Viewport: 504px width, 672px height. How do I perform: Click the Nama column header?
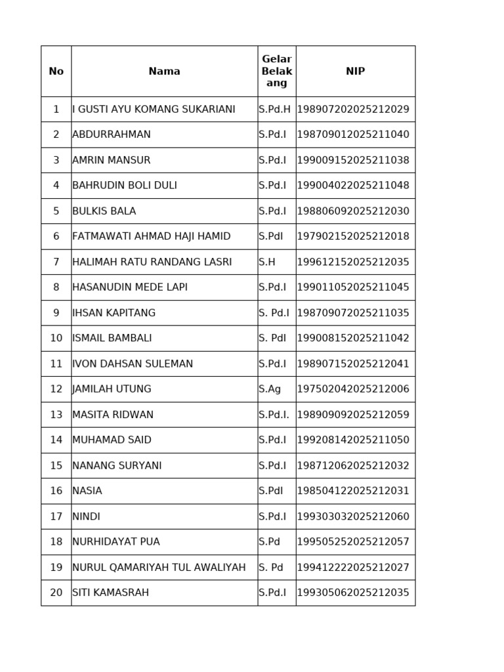click(164, 72)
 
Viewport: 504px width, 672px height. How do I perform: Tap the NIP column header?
click(355, 72)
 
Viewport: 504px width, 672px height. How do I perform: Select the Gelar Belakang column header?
click(276, 72)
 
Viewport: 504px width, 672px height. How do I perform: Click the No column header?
click(56, 72)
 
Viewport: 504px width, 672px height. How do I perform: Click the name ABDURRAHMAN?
click(112, 135)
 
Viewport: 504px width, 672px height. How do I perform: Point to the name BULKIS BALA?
click(104, 211)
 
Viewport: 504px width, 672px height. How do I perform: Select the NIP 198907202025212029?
click(353, 110)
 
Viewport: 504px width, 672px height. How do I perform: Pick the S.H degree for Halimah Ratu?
click(267, 262)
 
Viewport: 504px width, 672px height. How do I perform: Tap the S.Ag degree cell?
click(270, 389)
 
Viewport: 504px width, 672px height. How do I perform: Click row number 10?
click(56, 339)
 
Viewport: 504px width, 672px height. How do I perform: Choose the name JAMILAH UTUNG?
click(112, 389)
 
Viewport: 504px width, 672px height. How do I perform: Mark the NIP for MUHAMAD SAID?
click(353, 440)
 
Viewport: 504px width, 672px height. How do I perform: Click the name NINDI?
click(87, 516)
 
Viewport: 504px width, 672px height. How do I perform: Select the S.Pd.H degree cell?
click(274, 110)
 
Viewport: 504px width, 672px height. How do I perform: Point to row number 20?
click(56, 593)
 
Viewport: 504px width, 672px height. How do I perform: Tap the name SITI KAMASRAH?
click(111, 593)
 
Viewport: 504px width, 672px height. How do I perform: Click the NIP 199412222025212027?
click(353, 568)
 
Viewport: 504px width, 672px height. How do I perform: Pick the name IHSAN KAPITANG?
click(114, 313)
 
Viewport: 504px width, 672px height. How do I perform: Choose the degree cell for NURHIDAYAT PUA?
click(269, 542)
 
